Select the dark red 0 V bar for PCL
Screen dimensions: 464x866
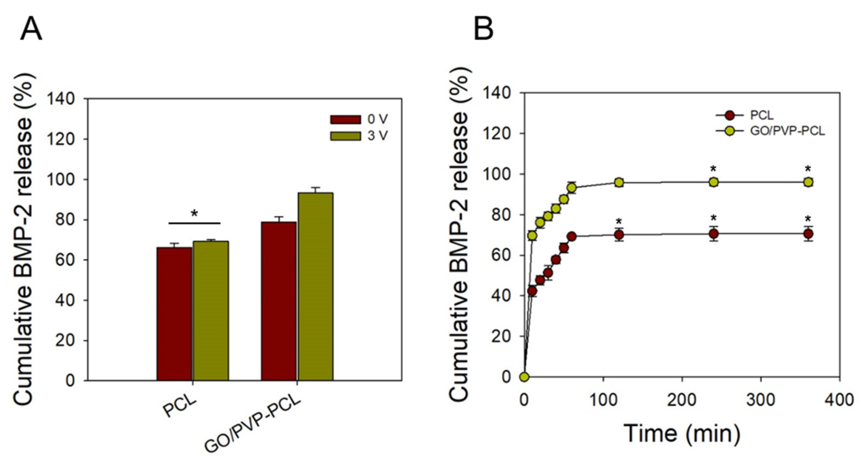point(174,314)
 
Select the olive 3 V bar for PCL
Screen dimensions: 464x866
point(211,311)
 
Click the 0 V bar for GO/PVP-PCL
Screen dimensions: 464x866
point(279,301)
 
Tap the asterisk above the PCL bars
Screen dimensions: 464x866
point(194,214)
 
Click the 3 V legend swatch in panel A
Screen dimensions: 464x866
point(345,136)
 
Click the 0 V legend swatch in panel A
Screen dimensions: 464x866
point(345,119)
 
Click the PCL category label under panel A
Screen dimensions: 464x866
point(180,407)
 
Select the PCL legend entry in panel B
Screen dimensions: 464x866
point(762,115)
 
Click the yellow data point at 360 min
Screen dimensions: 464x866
point(808,182)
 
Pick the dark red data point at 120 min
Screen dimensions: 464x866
point(619,235)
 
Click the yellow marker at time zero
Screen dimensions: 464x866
point(524,377)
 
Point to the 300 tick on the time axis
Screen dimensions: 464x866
point(761,400)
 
